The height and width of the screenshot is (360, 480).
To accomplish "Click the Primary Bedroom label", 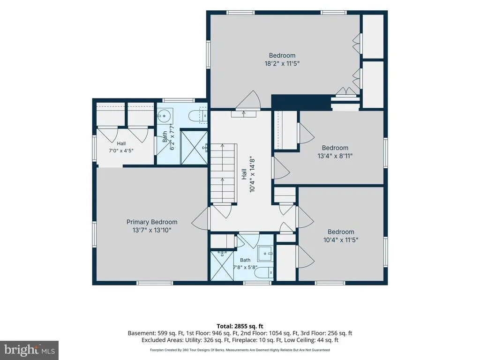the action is (x=152, y=222).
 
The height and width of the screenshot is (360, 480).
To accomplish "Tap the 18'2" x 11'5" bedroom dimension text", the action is (x=282, y=64).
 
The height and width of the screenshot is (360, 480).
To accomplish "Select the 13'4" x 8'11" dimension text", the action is (x=335, y=156).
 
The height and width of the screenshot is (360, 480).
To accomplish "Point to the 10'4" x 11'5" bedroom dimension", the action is (x=341, y=240).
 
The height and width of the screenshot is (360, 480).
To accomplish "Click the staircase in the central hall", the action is (x=224, y=173).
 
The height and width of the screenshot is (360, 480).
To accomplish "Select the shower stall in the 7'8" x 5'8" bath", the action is (x=222, y=266).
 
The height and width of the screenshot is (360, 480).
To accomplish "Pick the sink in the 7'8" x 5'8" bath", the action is (x=265, y=253).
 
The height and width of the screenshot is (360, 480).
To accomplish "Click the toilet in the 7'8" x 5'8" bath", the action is (x=264, y=272).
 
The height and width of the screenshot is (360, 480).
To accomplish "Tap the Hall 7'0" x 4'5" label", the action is (x=121, y=147).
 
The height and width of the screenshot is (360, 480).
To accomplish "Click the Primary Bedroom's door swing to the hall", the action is (x=201, y=218).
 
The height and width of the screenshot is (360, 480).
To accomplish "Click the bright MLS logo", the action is (x=30, y=350).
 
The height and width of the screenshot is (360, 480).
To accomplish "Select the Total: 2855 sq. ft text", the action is (x=240, y=326).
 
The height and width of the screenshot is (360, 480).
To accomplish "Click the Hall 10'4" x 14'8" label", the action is (x=248, y=174).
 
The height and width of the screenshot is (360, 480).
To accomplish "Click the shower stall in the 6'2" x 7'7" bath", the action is (x=195, y=148).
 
